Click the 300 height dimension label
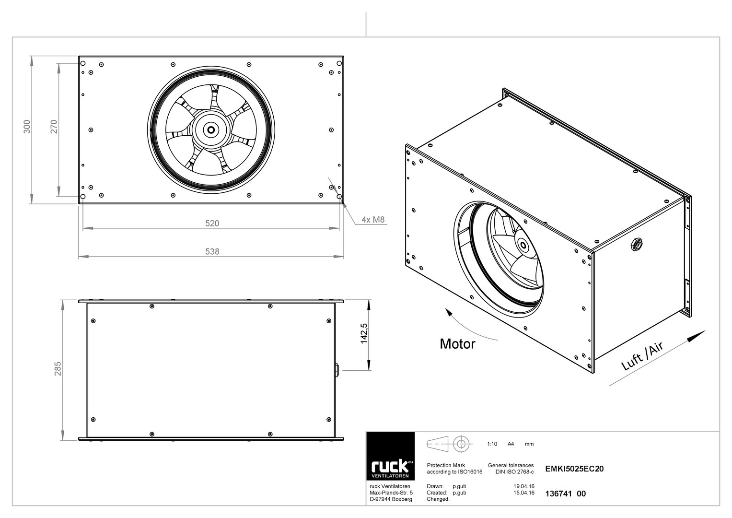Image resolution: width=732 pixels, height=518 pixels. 27,127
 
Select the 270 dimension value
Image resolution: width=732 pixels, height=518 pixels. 54,127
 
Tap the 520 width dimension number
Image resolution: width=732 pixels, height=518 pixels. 212,224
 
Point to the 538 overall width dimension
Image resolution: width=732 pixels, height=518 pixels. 212,251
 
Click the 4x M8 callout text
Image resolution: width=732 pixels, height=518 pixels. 373,220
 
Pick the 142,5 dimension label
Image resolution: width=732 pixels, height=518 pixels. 364,333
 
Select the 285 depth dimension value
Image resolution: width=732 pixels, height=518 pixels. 58,368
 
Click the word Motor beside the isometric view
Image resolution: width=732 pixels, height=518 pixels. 457,344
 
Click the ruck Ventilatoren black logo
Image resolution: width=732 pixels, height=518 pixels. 391,456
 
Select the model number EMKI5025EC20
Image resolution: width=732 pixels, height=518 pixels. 574,469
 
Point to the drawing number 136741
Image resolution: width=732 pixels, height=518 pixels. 558,494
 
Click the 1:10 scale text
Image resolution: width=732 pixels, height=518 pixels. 492,444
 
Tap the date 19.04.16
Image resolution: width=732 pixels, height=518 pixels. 524,486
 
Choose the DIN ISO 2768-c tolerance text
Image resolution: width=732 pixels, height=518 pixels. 514,471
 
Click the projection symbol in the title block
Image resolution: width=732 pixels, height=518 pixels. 449,444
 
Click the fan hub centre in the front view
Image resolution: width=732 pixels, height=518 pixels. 211,130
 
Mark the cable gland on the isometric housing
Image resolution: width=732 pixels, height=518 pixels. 637,244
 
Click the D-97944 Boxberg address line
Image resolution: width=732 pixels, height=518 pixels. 391,499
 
